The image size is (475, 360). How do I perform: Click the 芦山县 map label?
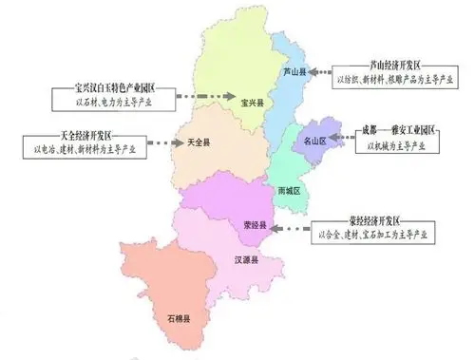pyautogui.click(x=294, y=71)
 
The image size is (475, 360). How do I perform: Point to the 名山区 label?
pyautogui.click(x=314, y=141)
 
